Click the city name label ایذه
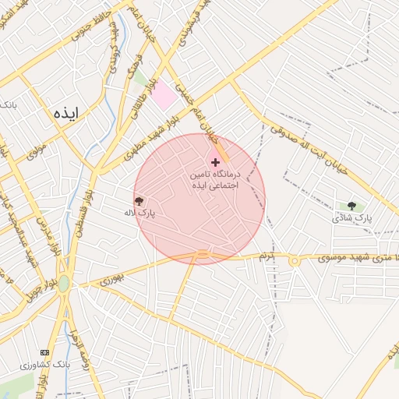click(67, 112)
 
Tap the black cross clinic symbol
click(215, 162)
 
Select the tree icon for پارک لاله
click(139, 201)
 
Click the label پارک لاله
click(140, 212)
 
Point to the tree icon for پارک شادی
click(351, 206)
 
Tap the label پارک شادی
click(352, 217)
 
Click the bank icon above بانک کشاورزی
click(44, 353)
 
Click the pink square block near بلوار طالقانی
click(164, 97)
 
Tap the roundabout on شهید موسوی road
click(295, 261)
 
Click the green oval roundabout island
click(64, 284)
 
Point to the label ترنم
click(267, 256)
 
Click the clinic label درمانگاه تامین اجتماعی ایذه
click(215, 181)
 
